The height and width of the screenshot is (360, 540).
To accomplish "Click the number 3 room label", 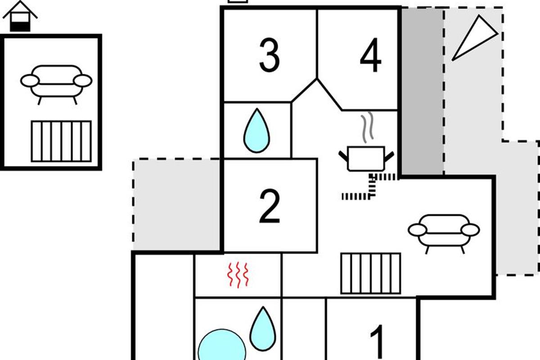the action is (x=270, y=55).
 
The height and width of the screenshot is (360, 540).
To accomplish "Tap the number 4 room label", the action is (x=371, y=55).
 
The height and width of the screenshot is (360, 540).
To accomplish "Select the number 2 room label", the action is (x=270, y=206).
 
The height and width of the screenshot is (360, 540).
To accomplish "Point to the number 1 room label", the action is (x=377, y=342).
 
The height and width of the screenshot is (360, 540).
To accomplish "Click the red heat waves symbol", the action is (x=238, y=274).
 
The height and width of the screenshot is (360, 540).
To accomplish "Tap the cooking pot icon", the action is (x=366, y=158).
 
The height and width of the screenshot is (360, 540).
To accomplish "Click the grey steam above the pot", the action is (x=367, y=126).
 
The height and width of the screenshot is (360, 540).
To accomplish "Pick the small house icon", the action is (x=20, y=16).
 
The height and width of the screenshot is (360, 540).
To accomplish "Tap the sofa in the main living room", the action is (x=444, y=234).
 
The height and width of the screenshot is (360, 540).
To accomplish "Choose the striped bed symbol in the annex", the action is (x=61, y=141).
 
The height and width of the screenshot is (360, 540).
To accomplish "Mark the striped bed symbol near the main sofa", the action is (x=371, y=274).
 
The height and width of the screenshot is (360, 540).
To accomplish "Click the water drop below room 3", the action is (x=257, y=131).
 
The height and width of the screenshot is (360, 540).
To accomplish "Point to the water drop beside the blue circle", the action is (x=263, y=329).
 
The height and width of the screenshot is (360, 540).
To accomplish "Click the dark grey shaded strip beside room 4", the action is (x=422, y=92).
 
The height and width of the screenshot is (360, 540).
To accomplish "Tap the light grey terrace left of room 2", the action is (x=177, y=205).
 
